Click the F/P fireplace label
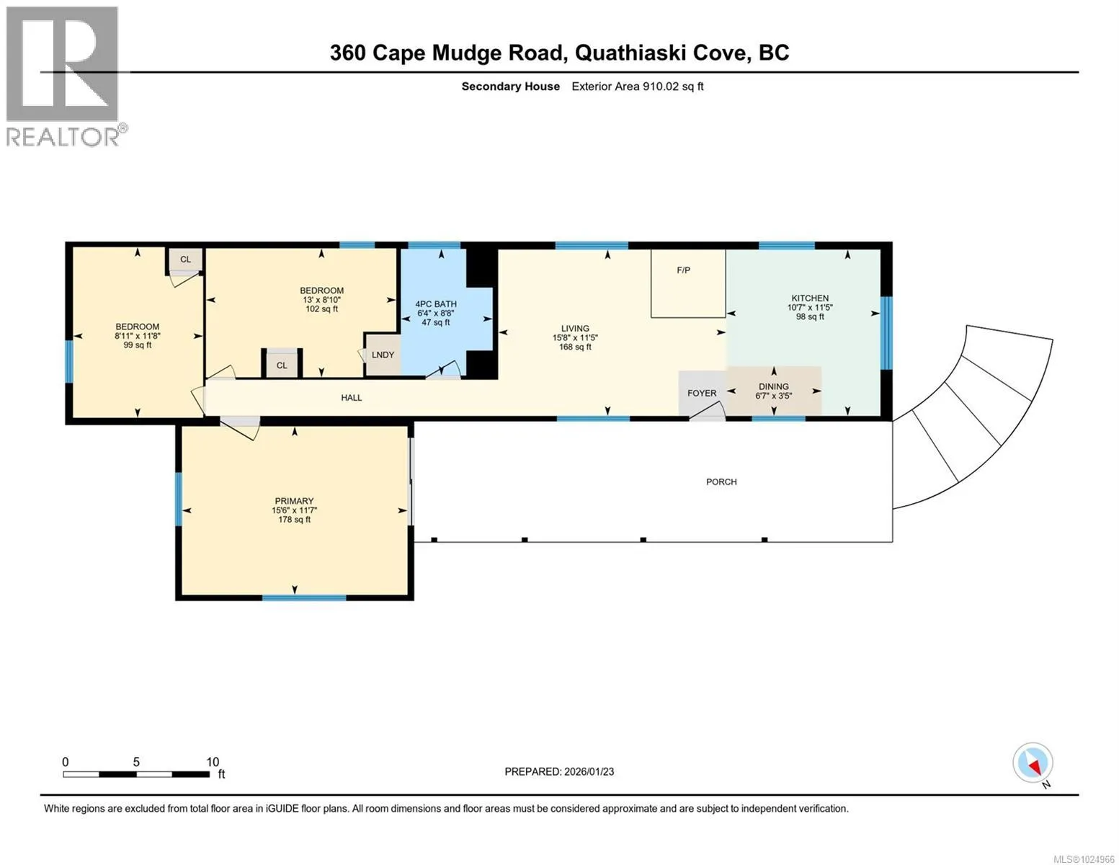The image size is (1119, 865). click(683, 270)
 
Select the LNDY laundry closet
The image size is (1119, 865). click(383, 355)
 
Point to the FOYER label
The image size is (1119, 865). click(701, 393)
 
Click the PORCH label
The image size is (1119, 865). click(721, 482)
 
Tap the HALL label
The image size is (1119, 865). click(351, 398)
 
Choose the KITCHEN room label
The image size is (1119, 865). click(810, 298)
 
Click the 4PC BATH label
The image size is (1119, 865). click(436, 304)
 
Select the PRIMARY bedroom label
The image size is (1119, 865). click(294, 501)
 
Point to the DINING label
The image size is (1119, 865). click(773, 386)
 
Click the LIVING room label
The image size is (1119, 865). click(575, 328)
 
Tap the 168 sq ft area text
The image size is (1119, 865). click(575, 347)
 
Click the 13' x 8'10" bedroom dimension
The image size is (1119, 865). click(322, 300)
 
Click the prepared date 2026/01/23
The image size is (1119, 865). click(589, 772)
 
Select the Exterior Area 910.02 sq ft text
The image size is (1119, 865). click(638, 86)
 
